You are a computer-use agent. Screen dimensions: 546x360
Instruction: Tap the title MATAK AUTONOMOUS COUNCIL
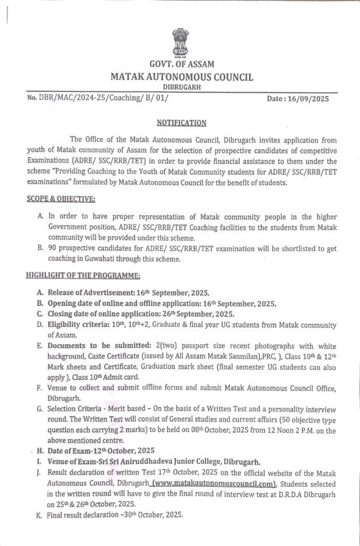tap(181, 77)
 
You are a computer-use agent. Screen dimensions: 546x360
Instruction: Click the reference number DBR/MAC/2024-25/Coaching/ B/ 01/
tap(102, 98)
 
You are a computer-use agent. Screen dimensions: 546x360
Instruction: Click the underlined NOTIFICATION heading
tap(181, 122)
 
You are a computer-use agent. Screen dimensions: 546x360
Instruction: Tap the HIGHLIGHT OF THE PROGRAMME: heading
tap(79, 275)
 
